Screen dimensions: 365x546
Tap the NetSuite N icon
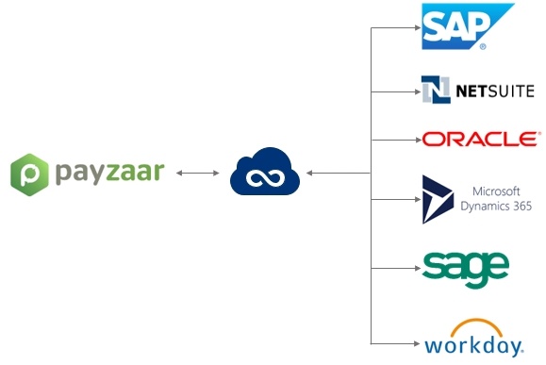pos(436,90)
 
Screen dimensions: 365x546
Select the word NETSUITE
pos(495,91)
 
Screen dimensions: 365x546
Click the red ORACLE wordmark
pos(481,140)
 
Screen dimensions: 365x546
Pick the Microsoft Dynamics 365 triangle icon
pos(438,198)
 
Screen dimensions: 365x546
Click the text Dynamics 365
pos(496,205)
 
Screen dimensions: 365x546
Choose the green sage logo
pos(466,267)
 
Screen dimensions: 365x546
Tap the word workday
pos(473,343)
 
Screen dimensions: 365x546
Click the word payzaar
pos(108,172)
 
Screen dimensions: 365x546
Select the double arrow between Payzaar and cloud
pos(198,174)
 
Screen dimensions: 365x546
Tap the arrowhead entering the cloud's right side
pos(310,174)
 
